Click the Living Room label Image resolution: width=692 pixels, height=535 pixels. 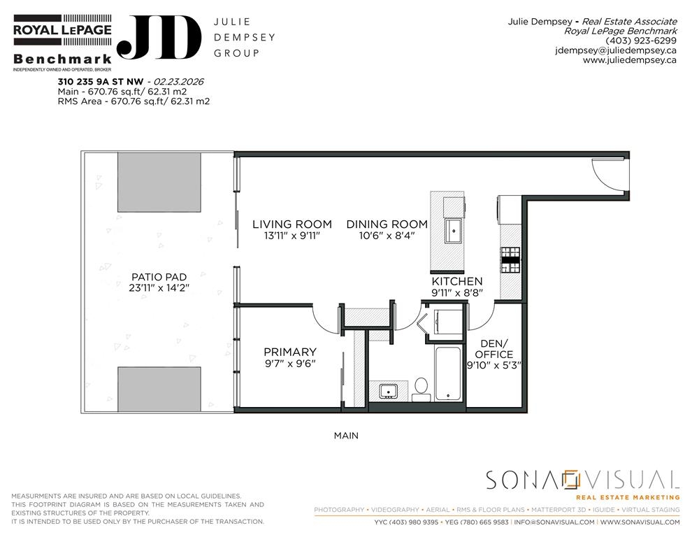pos(291,224)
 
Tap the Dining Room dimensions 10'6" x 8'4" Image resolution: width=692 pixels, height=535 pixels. pos(387,236)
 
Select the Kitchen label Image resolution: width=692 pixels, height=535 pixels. pos(456,281)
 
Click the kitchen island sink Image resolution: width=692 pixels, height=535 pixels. pos(453,230)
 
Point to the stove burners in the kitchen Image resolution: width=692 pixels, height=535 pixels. pos(510,260)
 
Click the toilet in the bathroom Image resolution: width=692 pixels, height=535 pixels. pos(421,389)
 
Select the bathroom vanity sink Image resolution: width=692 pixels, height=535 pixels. pos(389,392)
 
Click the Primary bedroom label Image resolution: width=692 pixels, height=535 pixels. pos(290,352)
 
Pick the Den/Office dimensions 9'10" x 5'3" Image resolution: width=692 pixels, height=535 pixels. pos(494,366)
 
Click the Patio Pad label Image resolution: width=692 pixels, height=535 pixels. pos(159,277)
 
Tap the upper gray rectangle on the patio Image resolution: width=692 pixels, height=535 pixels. pos(159,182)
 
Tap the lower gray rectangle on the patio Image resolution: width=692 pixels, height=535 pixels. pos(159,389)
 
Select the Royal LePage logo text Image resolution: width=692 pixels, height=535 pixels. pos(62,30)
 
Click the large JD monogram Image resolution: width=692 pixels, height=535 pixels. pos(159,38)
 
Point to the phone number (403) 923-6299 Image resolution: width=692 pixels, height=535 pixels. pos(640,41)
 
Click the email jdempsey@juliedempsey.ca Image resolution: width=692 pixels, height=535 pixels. pos(616,50)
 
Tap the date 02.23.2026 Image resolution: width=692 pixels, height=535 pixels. pos(178,82)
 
